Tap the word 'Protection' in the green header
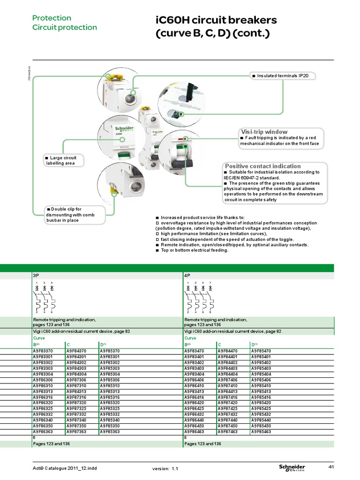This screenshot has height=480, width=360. click(x=52, y=18)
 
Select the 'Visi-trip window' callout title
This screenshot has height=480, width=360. click(x=264, y=132)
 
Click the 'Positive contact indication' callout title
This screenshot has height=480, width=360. click(x=263, y=166)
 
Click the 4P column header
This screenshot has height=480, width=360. click(x=188, y=276)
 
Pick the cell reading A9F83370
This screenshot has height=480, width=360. click(x=43, y=351)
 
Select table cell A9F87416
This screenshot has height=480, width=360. click(x=227, y=397)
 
